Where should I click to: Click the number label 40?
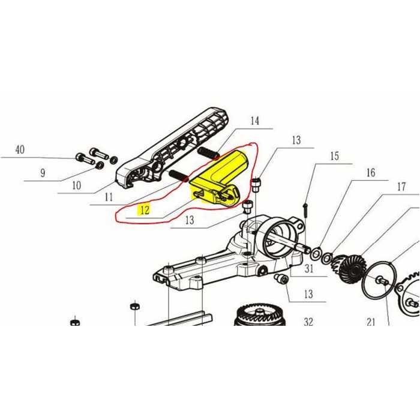[20, 151]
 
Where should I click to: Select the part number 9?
[43, 174]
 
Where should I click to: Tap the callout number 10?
[76, 185]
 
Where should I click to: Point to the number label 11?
[109, 196]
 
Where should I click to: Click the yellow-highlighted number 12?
[143, 210]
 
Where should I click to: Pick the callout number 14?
[255, 121]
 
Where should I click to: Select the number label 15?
[334, 157]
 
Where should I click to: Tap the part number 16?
[370, 173]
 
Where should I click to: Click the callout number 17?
[401, 187]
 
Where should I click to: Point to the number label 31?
[309, 268]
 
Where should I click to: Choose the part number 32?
[308, 322]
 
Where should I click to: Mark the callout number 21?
[370, 322]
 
